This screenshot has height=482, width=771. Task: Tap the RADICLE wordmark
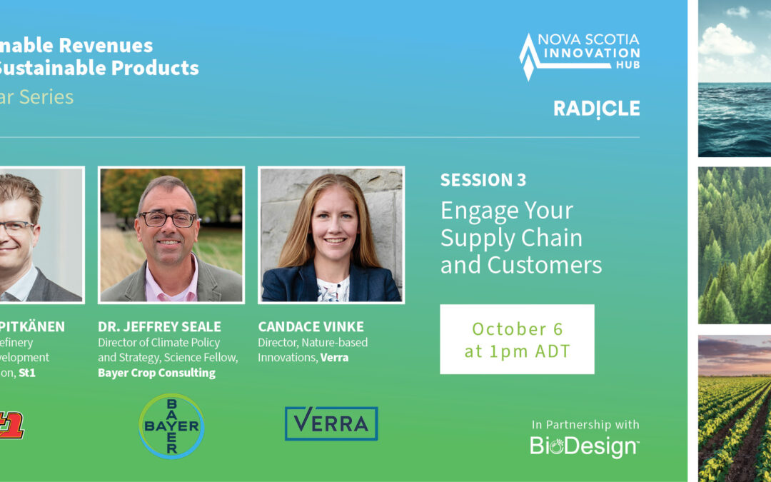(596, 109)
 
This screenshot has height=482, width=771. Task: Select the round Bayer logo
(171, 426)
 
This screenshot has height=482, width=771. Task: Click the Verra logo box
(331, 423)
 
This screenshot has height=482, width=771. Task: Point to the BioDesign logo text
(584, 446)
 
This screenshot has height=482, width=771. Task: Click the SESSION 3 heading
(483, 180)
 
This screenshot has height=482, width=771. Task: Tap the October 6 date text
(517, 328)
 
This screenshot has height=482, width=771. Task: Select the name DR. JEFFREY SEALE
(159, 327)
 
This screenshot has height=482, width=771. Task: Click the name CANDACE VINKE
(311, 327)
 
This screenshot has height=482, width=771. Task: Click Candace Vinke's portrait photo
(331, 235)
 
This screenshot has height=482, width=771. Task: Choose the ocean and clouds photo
(734, 79)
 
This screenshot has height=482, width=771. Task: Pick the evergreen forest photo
(734, 245)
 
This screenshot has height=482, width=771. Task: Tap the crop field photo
(734, 407)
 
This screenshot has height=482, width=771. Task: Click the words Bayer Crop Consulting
(156, 373)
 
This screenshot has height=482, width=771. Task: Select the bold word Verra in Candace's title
(334, 357)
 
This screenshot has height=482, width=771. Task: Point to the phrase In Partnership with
(585, 425)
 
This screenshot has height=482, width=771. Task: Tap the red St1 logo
(11, 427)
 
